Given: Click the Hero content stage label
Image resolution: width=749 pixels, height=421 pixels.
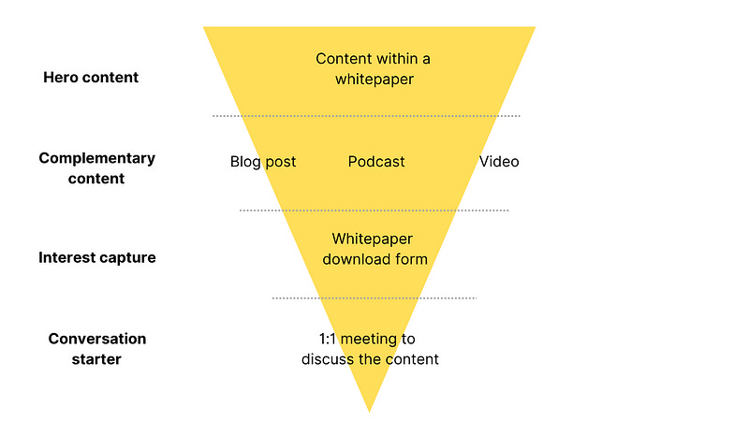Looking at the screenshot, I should click(91, 78).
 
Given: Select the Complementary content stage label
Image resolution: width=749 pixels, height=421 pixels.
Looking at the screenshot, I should click(96, 168).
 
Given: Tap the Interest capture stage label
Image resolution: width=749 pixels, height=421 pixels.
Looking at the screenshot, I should click(97, 257).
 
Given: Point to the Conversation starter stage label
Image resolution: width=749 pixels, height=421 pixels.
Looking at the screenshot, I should click(97, 347).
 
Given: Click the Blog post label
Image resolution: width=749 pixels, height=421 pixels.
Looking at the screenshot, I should click(263, 162).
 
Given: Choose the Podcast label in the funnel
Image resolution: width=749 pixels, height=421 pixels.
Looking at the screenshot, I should click(376, 162).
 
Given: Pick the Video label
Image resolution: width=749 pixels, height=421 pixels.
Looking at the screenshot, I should click(499, 162).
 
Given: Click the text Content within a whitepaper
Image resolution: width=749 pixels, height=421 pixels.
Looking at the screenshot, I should click(373, 69).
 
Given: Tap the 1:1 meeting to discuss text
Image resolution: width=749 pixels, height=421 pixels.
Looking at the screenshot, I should click(370, 349).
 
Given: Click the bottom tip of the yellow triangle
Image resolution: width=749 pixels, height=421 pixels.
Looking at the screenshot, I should click(369, 409).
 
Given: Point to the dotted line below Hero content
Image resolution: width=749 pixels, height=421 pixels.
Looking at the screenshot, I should click(366, 116).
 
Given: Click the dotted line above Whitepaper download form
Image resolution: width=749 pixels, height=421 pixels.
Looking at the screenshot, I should click(374, 210).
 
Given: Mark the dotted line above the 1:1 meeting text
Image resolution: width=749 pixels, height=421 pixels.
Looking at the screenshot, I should click(374, 298).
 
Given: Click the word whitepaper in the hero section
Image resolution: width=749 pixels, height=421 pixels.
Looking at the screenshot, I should click(373, 80).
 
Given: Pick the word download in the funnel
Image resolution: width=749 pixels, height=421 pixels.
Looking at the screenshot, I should click(355, 259).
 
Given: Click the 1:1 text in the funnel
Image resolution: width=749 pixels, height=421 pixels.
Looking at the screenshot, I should click(330, 339).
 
